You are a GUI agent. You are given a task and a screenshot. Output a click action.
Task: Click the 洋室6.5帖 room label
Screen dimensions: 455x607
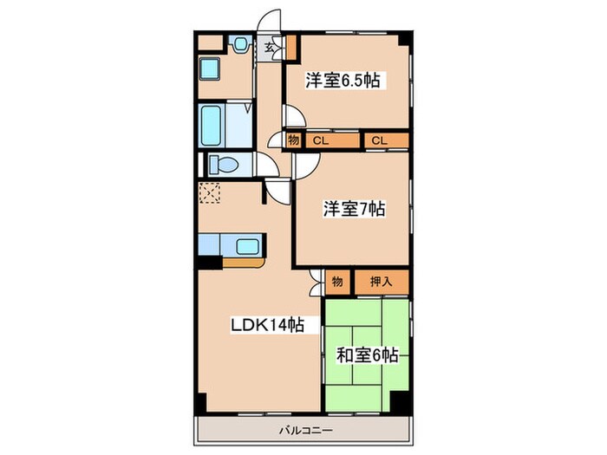[x=344, y=81]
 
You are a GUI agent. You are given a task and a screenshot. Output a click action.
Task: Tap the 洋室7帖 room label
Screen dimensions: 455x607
[x=343, y=209]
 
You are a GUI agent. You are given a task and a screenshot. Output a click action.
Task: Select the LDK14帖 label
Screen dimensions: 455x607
[x=266, y=325]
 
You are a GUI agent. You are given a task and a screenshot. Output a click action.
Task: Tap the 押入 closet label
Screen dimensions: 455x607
[x=381, y=280]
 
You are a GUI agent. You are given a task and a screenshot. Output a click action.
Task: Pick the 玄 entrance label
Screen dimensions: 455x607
[x=271, y=47]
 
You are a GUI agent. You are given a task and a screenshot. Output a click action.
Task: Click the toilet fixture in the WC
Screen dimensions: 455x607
[x=225, y=163]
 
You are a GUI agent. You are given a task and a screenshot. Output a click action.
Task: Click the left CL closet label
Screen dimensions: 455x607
[x=320, y=139]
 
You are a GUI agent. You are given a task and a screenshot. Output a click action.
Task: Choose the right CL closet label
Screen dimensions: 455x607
[x=379, y=139]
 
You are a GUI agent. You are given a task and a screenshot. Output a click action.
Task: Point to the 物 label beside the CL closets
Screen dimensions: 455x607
[x=293, y=139]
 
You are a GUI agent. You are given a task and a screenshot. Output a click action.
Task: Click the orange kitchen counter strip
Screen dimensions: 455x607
[x=246, y=258]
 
